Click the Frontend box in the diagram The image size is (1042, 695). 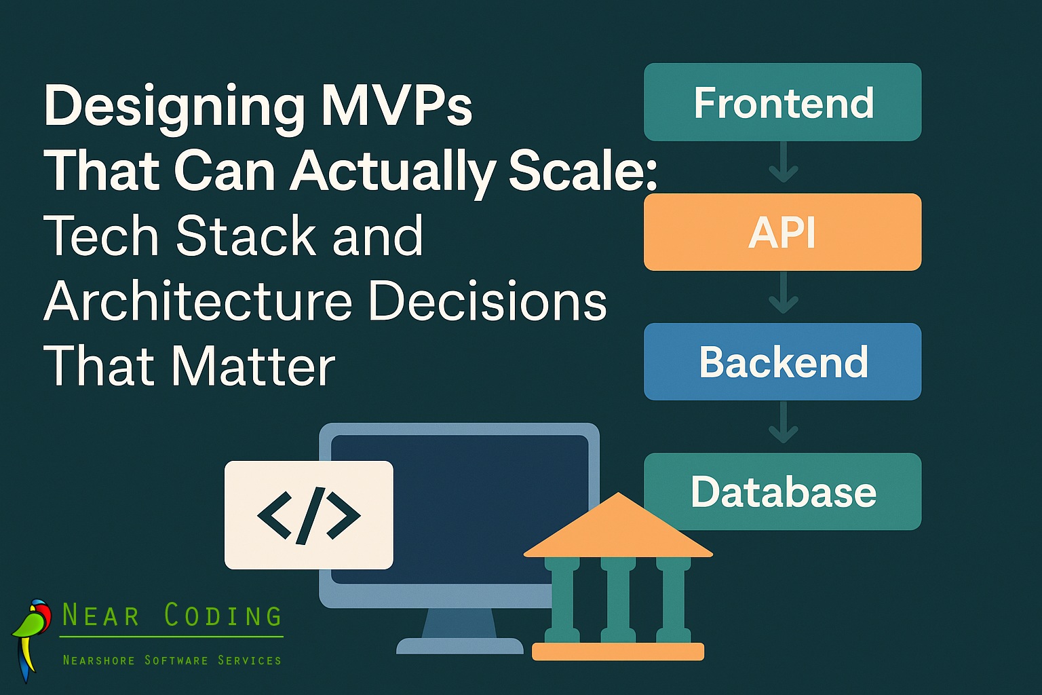click(782, 102)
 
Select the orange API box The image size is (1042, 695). click(782, 232)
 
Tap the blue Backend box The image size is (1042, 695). click(782, 362)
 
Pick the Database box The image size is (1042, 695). click(782, 491)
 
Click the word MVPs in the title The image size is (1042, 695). click(396, 106)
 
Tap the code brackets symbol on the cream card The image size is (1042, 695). click(309, 515)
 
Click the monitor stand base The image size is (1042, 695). click(459, 645)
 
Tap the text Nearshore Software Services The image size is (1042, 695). click(172, 660)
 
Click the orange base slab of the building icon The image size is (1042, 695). click(618, 652)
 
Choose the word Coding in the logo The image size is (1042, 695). click(223, 616)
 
